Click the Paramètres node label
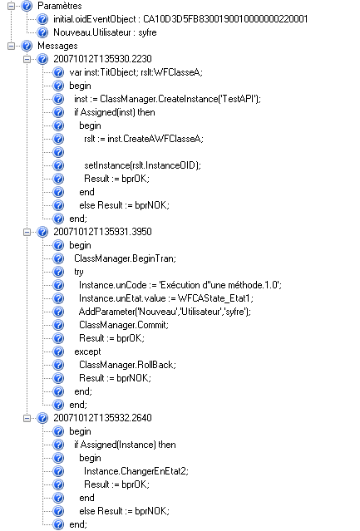[59, 6]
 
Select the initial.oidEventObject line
[180, 19]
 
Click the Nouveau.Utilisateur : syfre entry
[105, 32]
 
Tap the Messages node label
[57, 46]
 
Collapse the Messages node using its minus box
[11, 46]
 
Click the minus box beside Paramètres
[11, 6]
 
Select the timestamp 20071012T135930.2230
[102, 59]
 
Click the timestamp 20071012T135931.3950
[102, 232]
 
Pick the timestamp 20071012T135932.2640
[102, 418]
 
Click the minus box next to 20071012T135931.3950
[27, 232]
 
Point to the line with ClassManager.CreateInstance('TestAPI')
[167, 99]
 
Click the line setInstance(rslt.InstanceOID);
[142, 165]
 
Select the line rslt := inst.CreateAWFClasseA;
[144, 139]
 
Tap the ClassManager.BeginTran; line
[125, 258]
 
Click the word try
[79, 272]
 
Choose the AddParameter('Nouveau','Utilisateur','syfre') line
[165, 312]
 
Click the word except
[87, 352]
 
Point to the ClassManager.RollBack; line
[127, 365]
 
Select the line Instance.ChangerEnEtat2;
[136, 471]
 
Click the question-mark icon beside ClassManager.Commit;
[58, 325]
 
